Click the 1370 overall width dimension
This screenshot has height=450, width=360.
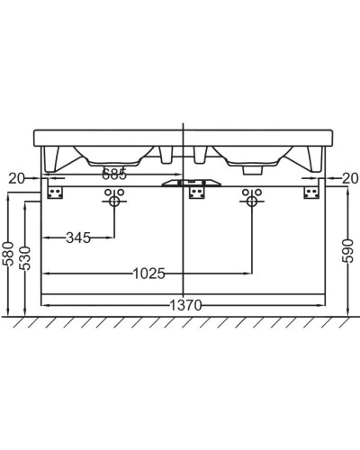tap(184, 306)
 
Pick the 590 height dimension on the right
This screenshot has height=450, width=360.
tap(350, 249)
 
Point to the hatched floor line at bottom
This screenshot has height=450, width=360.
tap(180, 322)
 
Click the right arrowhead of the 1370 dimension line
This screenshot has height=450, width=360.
tap(321, 306)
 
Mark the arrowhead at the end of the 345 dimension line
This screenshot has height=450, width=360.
tap(112, 238)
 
